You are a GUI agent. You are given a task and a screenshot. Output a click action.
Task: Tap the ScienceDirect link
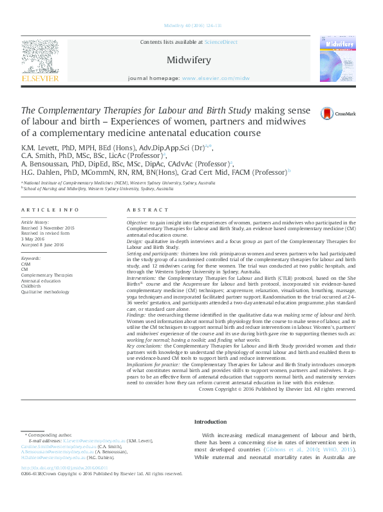tap(221, 42)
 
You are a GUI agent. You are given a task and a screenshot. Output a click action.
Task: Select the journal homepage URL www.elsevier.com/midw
tap(216, 78)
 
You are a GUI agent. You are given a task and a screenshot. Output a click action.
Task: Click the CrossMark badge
tap(341, 114)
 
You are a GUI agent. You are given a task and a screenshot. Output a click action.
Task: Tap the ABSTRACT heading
tap(147, 211)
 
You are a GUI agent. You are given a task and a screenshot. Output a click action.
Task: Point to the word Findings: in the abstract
tap(136, 313)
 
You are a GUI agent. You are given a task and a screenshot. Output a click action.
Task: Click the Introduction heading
tap(210, 422)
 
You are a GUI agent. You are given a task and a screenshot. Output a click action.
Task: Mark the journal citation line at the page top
tap(192, 25)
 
